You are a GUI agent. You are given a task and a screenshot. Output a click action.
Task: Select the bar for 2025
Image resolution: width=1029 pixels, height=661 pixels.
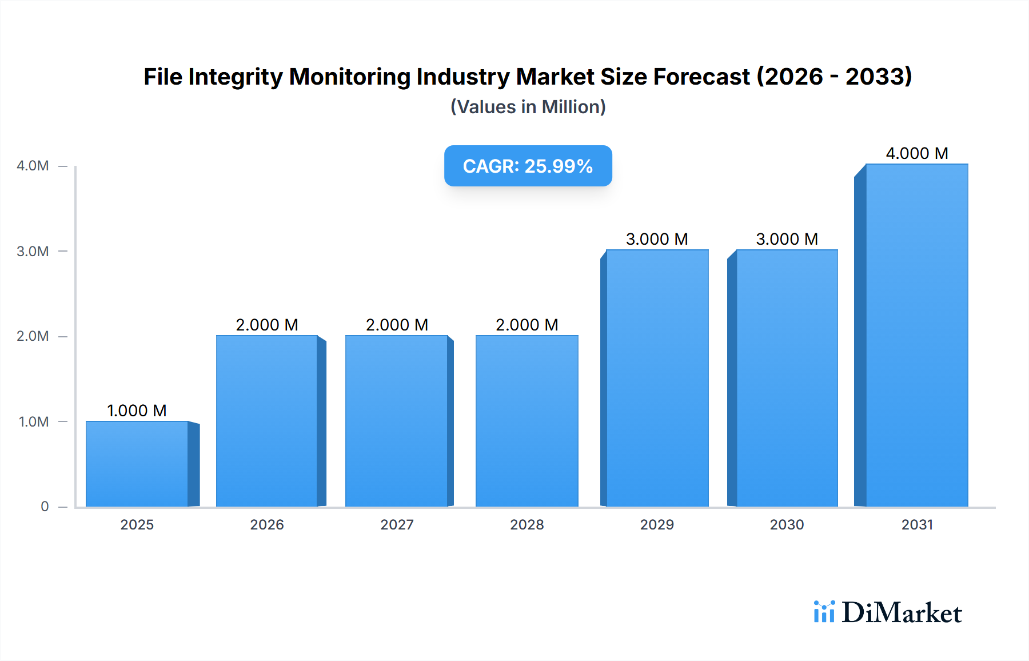[x=137, y=464]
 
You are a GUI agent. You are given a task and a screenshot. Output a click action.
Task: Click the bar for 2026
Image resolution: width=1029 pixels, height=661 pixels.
[x=267, y=421]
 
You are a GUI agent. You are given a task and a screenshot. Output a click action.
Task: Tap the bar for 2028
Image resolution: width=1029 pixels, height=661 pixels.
[x=527, y=421]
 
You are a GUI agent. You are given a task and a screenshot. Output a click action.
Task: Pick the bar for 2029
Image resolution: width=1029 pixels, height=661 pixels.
[x=657, y=379]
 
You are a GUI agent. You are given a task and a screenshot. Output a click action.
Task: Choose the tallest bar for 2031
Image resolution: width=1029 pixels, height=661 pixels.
[x=916, y=336]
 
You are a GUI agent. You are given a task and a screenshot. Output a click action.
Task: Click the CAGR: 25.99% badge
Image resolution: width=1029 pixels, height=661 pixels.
[x=528, y=166]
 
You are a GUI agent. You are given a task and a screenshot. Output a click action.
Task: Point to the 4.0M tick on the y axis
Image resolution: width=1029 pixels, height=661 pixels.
[x=33, y=166]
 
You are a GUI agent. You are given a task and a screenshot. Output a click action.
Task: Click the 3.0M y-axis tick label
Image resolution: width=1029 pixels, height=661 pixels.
[x=33, y=252]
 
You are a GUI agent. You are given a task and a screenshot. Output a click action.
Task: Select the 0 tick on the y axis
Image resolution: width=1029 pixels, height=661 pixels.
[x=45, y=507]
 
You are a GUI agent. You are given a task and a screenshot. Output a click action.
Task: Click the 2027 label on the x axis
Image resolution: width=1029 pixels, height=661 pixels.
[x=397, y=525]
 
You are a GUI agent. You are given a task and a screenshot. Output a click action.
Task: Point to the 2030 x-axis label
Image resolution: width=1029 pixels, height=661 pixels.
[x=787, y=525]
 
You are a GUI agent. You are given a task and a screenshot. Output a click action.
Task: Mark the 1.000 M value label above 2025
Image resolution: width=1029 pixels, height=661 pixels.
[x=137, y=411]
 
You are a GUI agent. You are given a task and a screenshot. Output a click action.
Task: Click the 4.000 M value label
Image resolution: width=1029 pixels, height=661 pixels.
[x=916, y=153]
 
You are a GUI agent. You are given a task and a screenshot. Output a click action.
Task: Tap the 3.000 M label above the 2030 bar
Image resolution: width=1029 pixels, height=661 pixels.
[x=787, y=239]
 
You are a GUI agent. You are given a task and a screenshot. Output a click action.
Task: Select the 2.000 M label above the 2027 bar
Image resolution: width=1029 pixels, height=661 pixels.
[x=397, y=325]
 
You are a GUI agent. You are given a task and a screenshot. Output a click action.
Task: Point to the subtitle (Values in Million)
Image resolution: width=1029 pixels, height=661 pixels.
[x=528, y=107]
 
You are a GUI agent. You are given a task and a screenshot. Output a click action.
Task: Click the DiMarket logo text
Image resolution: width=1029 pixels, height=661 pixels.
[x=902, y=613]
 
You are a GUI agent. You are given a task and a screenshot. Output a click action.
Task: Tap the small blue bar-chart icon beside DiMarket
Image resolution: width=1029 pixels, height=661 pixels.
[x=824, y=612]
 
